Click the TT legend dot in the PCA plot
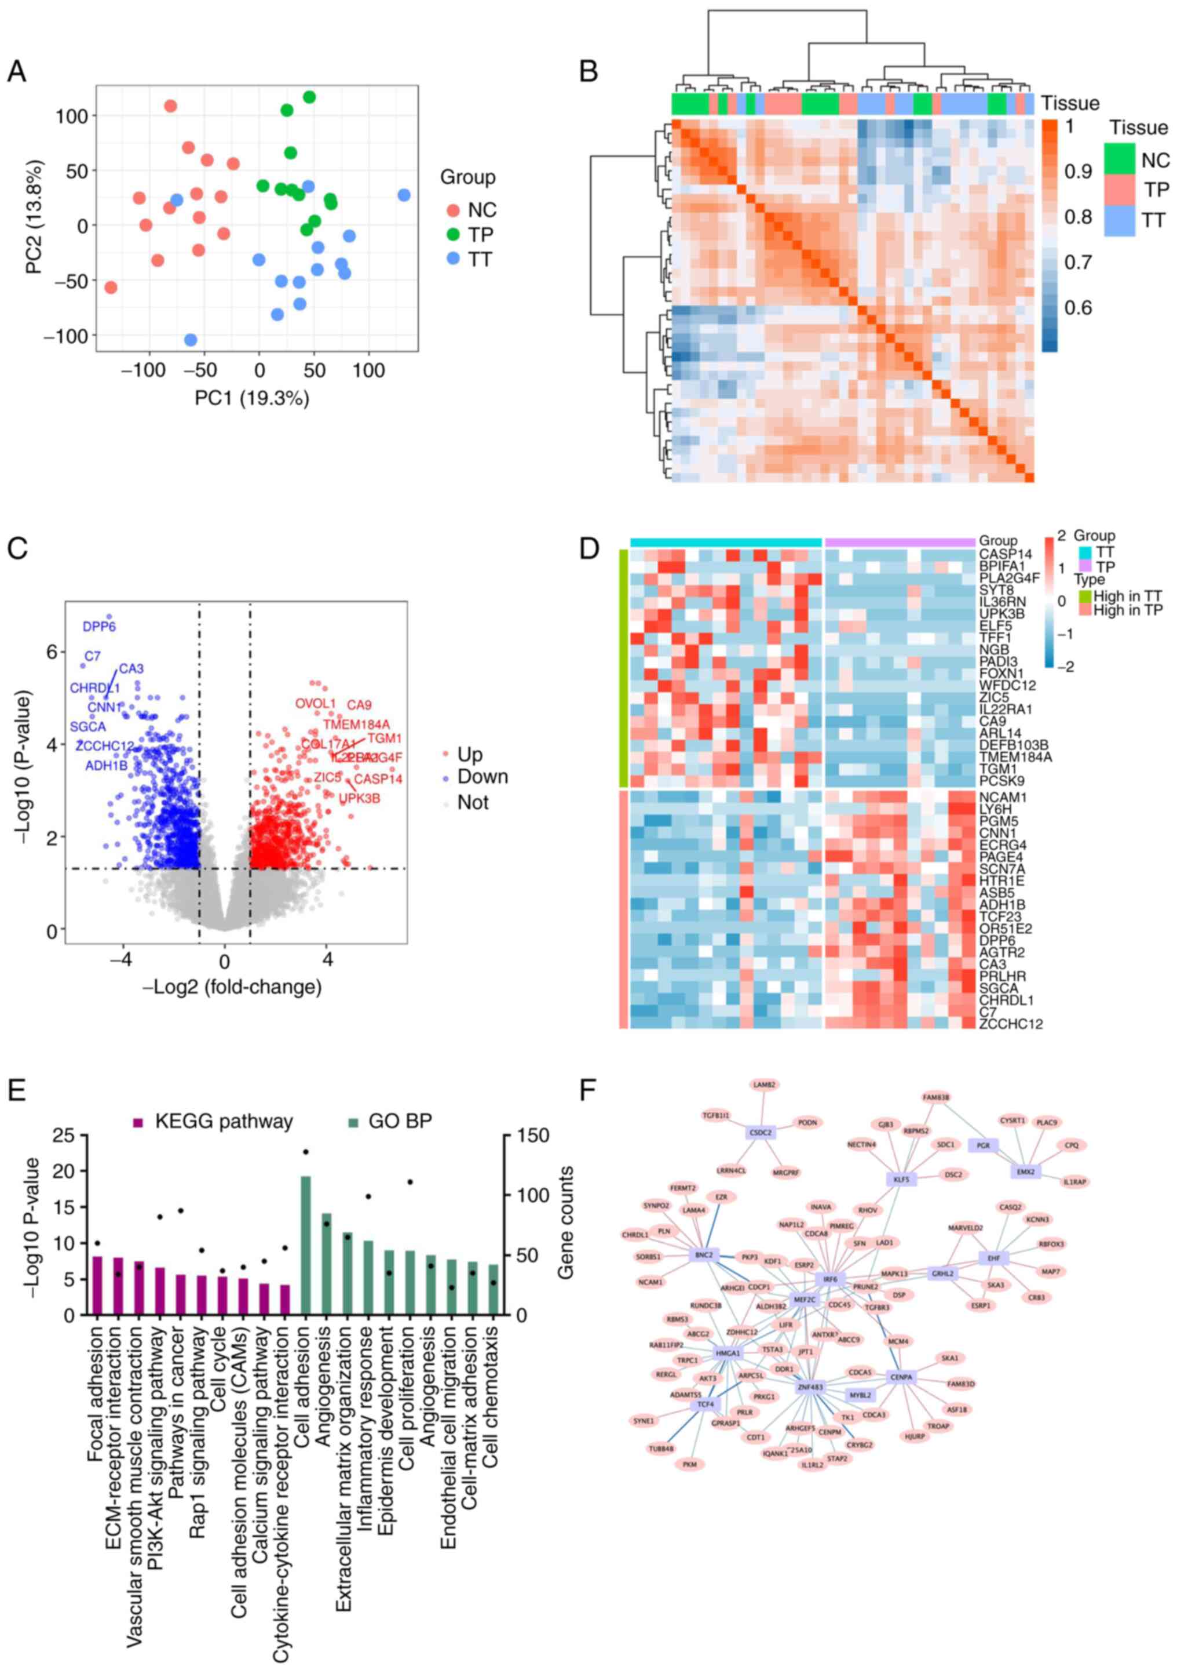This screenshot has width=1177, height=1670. click(x=454, y=258)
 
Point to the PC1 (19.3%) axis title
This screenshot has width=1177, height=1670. click(x=251, y=398)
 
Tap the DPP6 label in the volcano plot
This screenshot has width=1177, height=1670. click(x=99, y=626)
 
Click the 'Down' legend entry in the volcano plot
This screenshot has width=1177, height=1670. click(x=482, y=777)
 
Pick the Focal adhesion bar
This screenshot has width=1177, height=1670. click(x=97, y=1285)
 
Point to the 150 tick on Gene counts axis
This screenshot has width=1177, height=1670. click(x=532, y=1136)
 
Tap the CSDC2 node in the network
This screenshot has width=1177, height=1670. click(x=761, y=1133)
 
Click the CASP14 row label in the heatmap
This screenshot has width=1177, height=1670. click(x=1006, y=554)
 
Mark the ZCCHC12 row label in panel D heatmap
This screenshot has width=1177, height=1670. click(x=1011, y=1023)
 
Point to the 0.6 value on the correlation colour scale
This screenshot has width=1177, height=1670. click(x=1078, y=308)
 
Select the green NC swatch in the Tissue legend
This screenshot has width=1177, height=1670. click(x=1120, y=159)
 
